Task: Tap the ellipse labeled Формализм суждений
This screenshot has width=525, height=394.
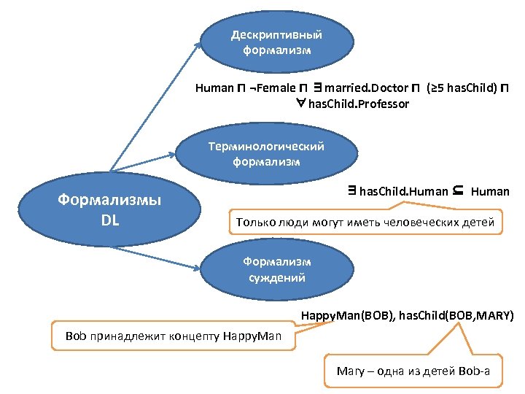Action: tap(276, 269)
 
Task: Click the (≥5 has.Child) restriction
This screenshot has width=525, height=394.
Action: tap(462, 88)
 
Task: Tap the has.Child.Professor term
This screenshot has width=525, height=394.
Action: tap(359, 104)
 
